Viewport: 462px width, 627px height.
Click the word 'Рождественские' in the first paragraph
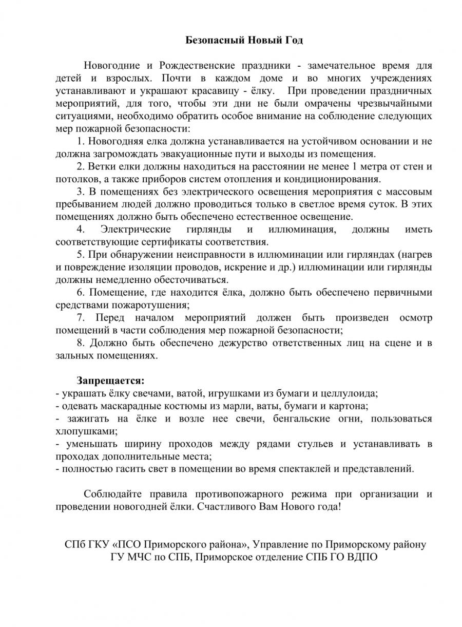tap(197, 66)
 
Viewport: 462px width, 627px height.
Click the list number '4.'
tap(81, 229)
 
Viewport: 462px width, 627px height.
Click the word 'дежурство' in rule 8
tap(214, 343)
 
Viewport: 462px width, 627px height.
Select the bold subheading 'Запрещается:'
tap(111, 381)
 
